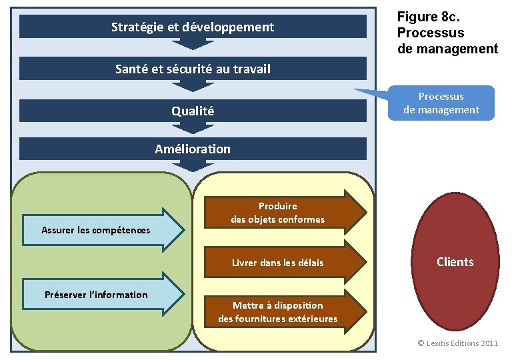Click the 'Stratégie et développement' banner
(193, 27)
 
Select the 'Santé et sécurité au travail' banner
(193, 68)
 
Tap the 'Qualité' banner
(193, 111)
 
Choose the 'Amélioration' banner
(193, 149)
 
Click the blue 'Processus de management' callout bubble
(441, 103)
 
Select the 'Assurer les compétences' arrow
(100, 229)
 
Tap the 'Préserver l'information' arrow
(100, 293)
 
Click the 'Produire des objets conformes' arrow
(280, 213)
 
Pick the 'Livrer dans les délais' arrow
(280, 263)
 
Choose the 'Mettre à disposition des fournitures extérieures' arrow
(280, 311)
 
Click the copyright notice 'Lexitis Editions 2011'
(457, 343)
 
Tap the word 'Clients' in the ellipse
(455, 262)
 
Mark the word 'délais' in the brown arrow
(309, 263)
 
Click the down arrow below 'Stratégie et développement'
(193, 44)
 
